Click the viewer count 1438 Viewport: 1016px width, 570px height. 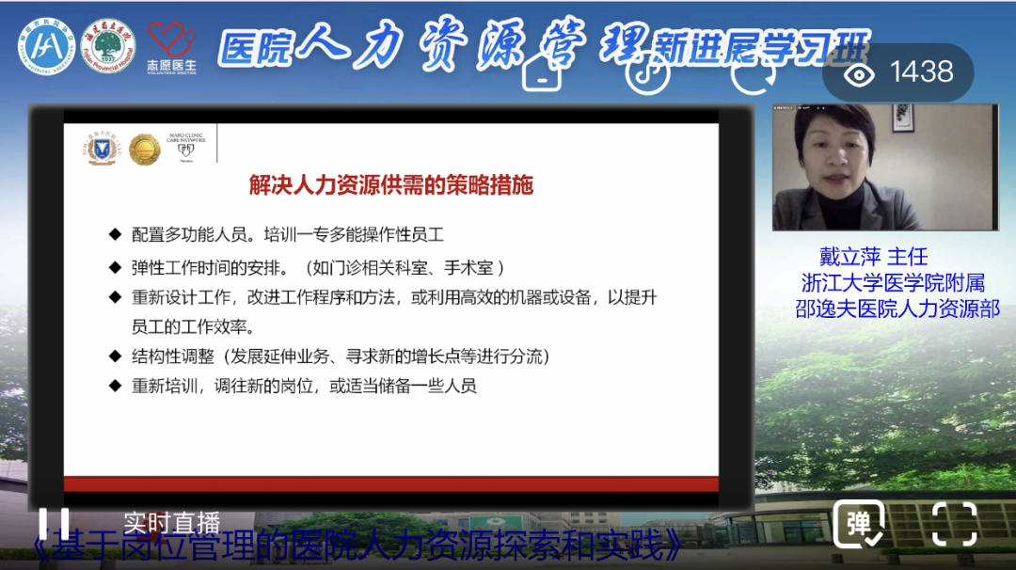point(921,72)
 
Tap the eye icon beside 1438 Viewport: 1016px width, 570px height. point(859,72)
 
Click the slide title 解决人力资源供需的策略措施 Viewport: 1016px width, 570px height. point(390,184)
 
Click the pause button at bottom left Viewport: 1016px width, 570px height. point(53,525)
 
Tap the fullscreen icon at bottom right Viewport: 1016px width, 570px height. point(954,523)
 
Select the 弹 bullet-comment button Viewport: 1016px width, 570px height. point(858,524)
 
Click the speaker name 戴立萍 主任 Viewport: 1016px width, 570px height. point(873,257)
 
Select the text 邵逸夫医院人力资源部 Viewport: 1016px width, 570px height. point(897,309)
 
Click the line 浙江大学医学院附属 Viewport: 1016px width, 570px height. point(892,283)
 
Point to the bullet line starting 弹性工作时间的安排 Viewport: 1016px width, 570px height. point(320,266)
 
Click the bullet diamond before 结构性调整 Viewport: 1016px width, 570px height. point(115,356)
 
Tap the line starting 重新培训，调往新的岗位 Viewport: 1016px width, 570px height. point(304,386)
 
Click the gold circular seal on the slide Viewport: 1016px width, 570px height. point(144,149)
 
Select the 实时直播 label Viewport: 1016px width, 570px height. point(172,522)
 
